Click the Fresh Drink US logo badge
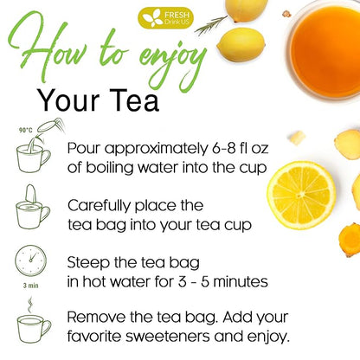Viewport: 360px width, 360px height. (165, 18)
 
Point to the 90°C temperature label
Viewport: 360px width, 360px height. (26, 131)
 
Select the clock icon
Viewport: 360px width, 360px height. (30, 260)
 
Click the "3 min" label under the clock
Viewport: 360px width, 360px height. (31, 286)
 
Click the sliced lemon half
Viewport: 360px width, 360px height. (301, 196)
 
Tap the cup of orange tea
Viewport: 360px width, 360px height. (324, 49)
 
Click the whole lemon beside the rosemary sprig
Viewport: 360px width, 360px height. (241, 45)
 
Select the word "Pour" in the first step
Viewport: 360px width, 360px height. (84, 149)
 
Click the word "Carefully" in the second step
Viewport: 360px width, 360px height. (100, 207)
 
